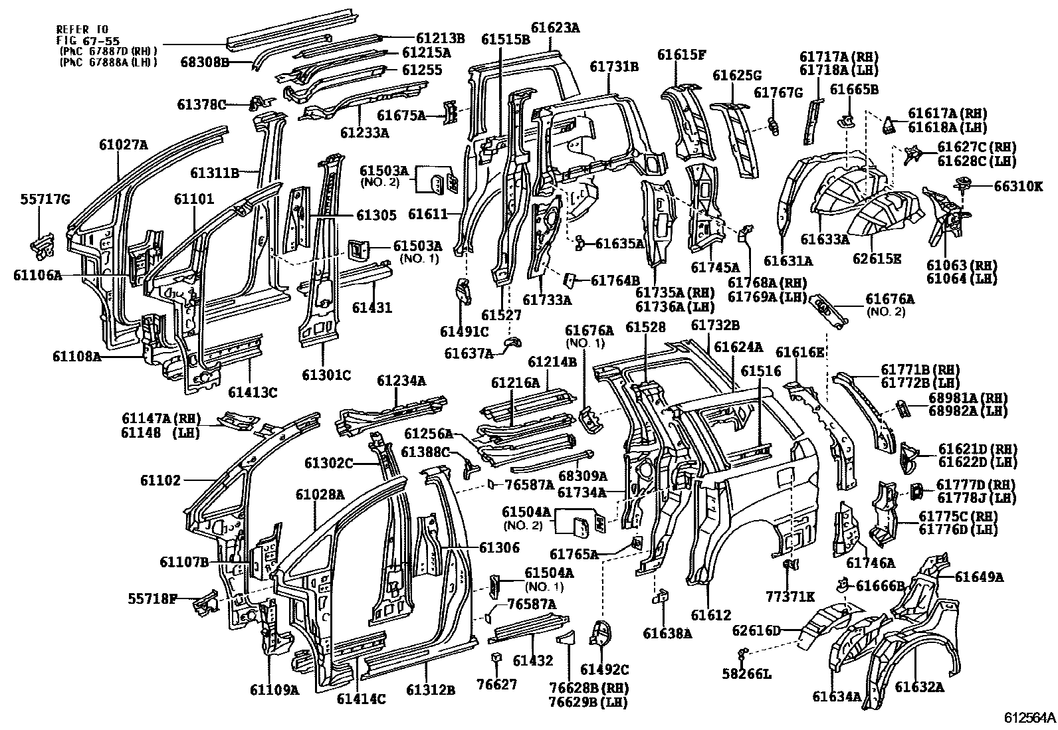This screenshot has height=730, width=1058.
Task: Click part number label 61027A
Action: tap(124, 143)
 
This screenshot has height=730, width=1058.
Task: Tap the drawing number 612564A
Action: tap(1029, 717)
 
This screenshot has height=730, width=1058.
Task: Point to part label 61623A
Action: tap(556, 28)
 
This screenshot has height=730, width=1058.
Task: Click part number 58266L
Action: tap(747, 674)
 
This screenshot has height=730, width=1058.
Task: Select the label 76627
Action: tap(496, 684)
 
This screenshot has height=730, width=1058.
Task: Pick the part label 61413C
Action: tap(252, 392)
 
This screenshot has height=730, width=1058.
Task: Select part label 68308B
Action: tap(204, 63)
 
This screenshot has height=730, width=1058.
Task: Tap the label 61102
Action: tap(160, 480)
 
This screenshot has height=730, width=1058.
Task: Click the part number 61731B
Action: tap(614, 66)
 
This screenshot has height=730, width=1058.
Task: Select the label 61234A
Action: tap(401, 381)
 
